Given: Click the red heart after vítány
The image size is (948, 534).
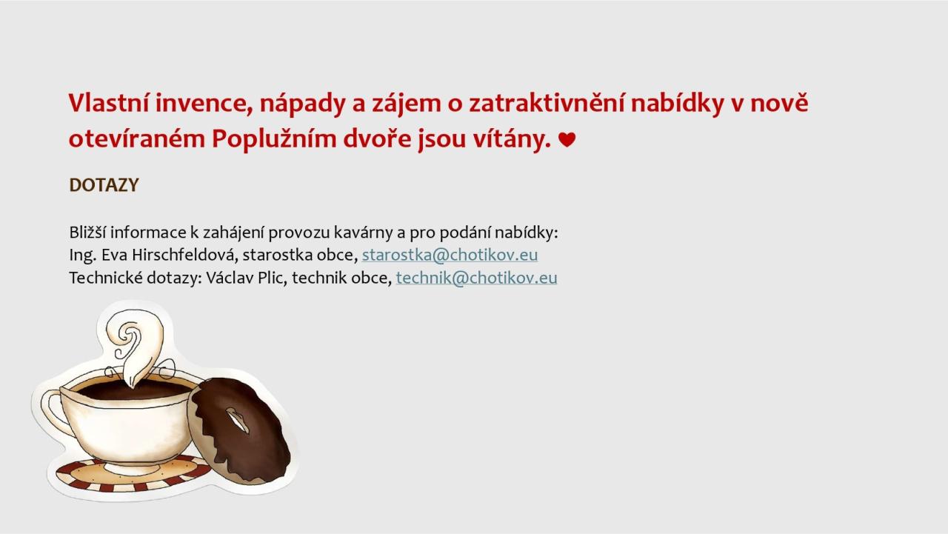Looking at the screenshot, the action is (567, 139).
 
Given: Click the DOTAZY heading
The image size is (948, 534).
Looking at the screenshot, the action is (104, 185).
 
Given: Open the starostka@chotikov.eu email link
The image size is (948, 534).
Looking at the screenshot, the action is (450, 255).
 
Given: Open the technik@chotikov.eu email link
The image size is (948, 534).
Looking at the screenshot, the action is (476, 278).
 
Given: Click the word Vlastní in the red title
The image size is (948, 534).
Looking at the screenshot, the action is (109, 103).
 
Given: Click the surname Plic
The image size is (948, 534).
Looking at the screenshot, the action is (272, 278).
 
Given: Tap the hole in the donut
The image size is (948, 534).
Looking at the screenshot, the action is (238, 420).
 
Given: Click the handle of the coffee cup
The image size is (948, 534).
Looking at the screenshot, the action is (55, 413).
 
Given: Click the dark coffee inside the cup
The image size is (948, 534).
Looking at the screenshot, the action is (131, 390).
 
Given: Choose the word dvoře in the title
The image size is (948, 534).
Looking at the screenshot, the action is (377, 138).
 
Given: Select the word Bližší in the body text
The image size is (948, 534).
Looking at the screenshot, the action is (87, 233).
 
